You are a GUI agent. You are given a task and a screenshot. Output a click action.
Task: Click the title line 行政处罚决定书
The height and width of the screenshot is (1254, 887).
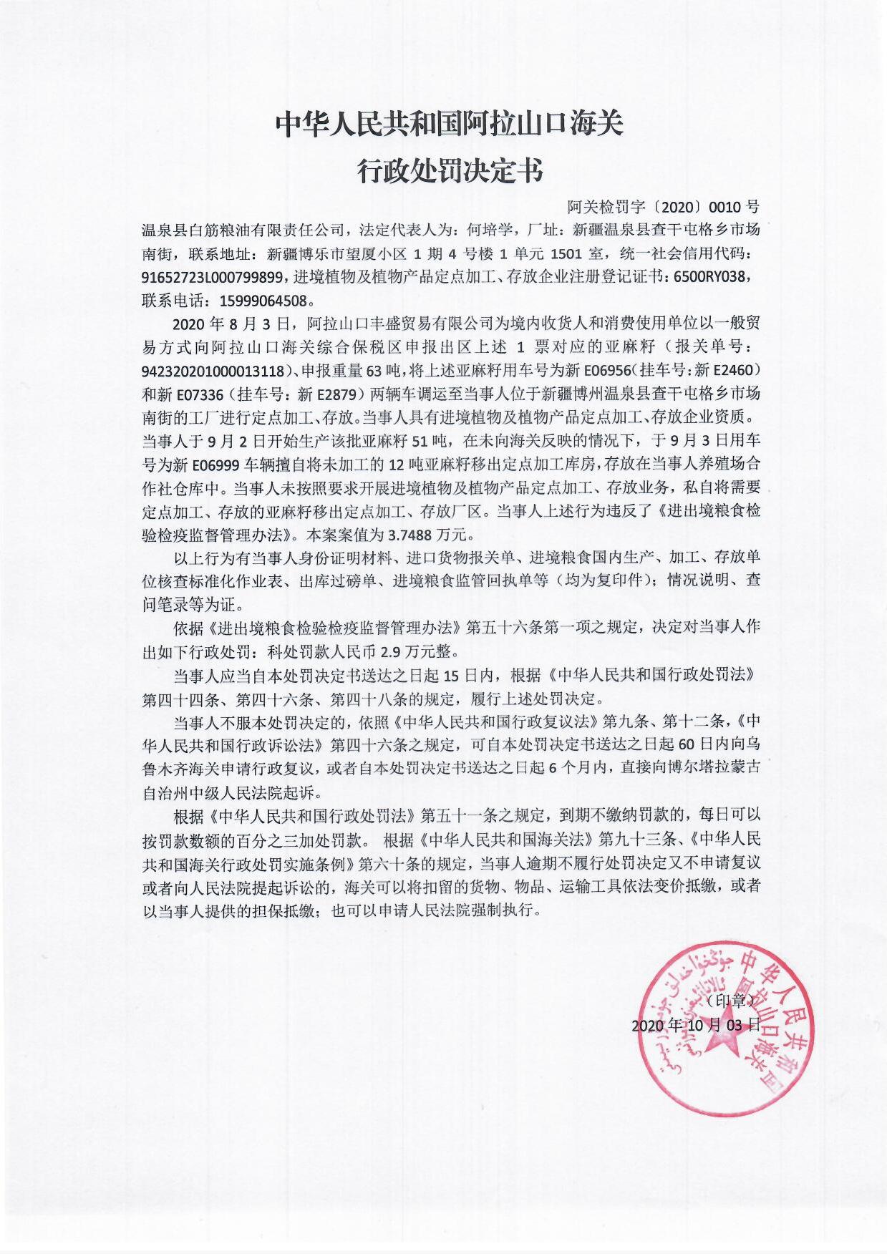pos(450,171)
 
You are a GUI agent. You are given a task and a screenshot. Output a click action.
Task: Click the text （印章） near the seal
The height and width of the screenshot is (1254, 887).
pos(730,999)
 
